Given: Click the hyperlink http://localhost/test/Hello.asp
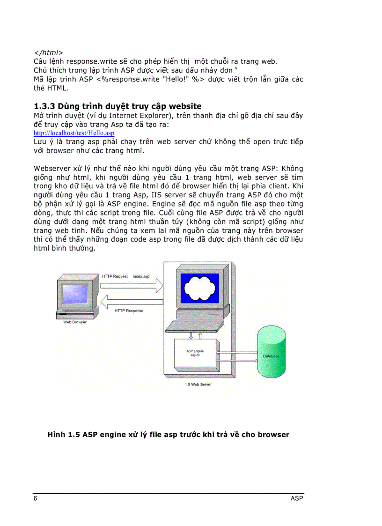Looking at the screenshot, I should pyautogui.click(x=73, y=133).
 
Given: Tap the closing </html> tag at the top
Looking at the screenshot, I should pyautogui.click(x=48, y=52).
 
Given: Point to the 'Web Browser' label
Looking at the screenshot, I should pyautogui.click(x=75, y=322).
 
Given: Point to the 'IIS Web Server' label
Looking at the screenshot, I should pyautogui.click(x=198, y=385).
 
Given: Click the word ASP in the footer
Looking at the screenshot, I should pyautogui.click(x=296, y=499).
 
